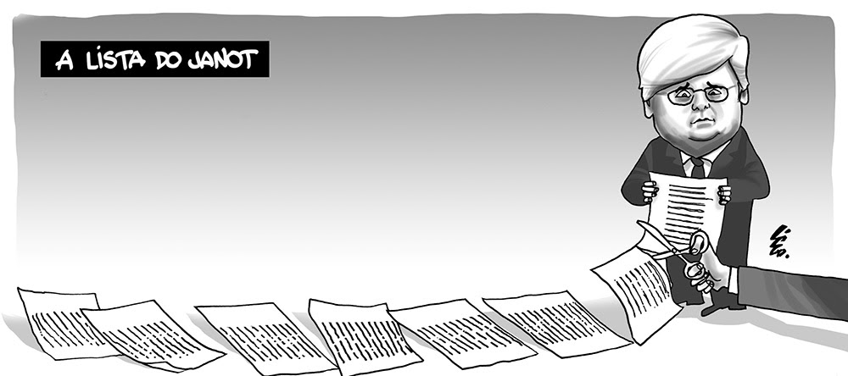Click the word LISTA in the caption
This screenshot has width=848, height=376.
pos(114,61)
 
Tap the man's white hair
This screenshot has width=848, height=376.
pos(687,47)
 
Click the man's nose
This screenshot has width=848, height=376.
pos(694,103)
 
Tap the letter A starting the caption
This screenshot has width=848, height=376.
pos(62,61)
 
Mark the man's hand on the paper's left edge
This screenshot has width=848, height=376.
pos(650,191)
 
